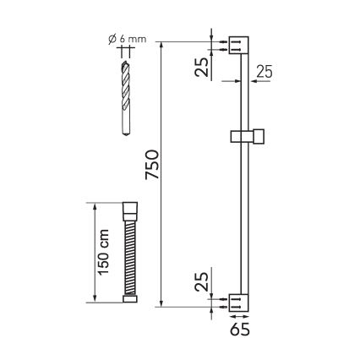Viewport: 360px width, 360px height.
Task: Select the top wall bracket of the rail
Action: (238, 44)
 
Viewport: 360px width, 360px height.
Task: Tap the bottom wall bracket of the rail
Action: (238, 299)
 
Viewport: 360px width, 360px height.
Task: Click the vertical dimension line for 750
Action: (161, 170)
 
